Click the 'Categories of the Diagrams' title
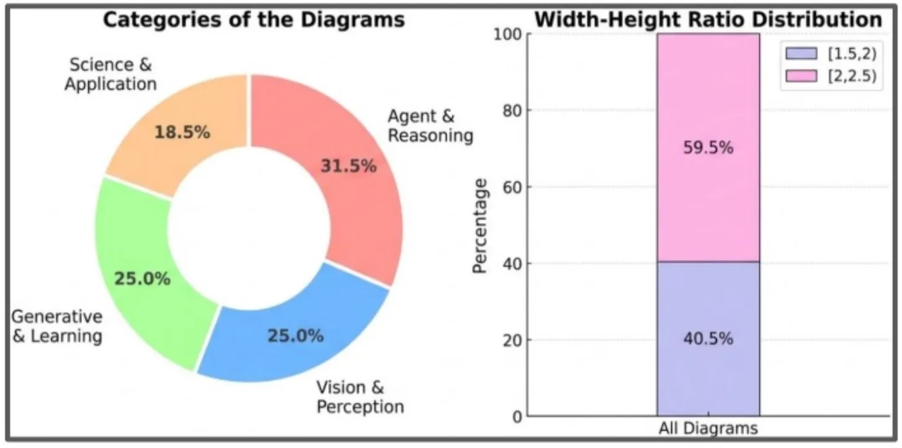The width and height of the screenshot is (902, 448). click(x=254, y=19)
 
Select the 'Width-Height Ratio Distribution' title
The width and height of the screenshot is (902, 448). click(x=708, y=19)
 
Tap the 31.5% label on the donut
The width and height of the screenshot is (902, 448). click(x=348, y=166)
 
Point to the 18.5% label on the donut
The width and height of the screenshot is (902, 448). click(x=182, y=132)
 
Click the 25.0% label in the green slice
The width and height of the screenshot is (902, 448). click(x=142, y=279)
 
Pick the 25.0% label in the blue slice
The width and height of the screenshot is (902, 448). click(x=295, y=336)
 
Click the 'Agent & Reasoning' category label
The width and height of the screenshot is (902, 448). click(x=430, y=125)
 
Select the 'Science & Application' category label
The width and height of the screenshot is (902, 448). click(x=110, y=74)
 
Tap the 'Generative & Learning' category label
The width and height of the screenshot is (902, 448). click(x=56, y=326)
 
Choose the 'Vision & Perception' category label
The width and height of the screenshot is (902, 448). click(x=360, y=397)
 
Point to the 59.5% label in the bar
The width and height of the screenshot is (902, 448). click(x=708, y=148)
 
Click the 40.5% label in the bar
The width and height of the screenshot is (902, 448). click(x=708, y=339)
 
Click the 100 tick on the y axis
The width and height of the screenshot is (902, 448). click(x=502, y=34)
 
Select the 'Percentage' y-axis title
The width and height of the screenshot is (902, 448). click(x=480, y=225)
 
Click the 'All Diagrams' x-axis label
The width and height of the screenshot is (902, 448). click(x=708, y=429)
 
